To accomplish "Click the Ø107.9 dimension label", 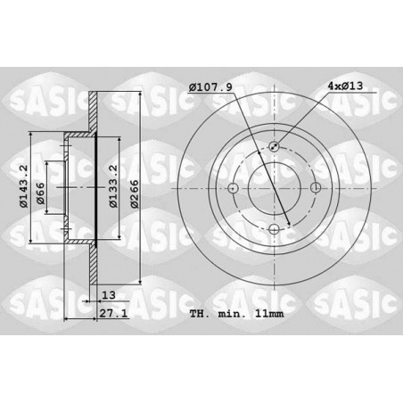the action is tap(210, 87).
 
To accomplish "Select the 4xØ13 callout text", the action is tap(345, 86).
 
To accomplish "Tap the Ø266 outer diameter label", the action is tap(135, 193).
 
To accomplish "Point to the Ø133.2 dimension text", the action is tap(113, 186).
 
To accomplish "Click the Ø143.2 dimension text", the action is tap(23, 186).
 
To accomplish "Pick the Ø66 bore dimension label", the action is tap(40, 193).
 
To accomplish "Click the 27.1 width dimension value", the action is tap(113, 313).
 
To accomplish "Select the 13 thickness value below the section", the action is tap(109, 295).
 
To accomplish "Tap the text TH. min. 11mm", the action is tap(237, 314).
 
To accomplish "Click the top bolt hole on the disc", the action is tap(274, 146).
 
